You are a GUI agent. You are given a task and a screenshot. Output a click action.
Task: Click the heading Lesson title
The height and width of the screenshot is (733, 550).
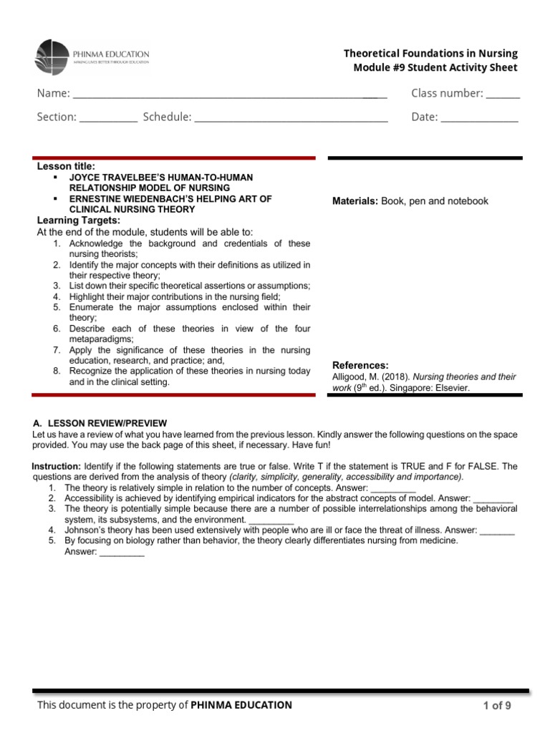point(66,167)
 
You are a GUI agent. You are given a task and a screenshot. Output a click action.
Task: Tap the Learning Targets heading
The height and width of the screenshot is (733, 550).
point(79,220)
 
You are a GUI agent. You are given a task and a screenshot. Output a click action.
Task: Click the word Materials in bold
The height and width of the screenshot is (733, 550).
point(354,201)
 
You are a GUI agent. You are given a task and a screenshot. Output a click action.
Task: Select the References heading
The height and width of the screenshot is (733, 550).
point(361,365)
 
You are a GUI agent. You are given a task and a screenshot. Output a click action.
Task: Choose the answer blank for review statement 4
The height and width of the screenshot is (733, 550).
point(497,532)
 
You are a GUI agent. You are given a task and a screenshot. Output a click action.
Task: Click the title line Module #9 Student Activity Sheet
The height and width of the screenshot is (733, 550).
point(435,68)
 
